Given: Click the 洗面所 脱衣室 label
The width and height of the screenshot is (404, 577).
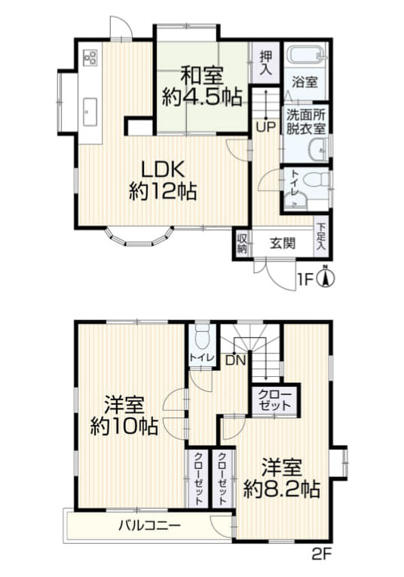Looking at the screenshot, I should point(305,122).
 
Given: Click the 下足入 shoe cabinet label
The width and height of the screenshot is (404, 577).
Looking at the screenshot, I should point(322,236).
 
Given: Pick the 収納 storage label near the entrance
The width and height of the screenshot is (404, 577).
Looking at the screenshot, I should point(242,244).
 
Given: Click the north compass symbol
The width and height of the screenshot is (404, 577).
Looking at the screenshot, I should point(326,279).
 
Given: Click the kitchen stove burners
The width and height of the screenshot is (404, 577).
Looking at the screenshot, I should point(90,57).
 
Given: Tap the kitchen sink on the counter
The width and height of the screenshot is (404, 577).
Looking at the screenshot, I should point(90,111).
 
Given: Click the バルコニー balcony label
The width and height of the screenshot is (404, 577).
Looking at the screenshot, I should point(148,524).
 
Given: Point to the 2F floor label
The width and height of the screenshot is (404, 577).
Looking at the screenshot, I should point(323,557).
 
